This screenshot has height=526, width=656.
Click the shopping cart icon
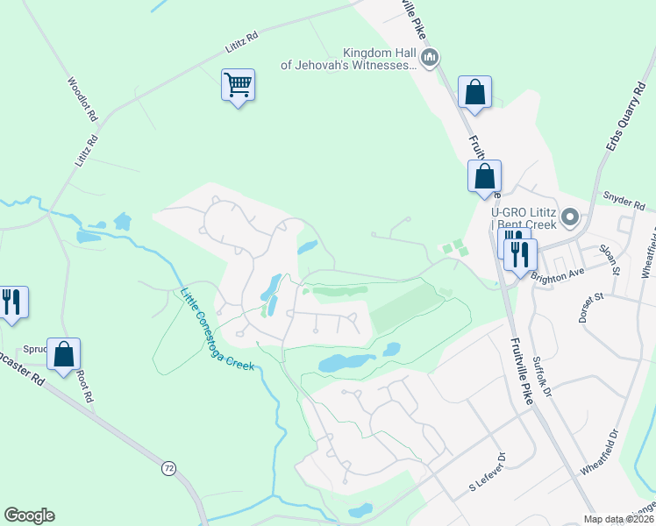point(238,86)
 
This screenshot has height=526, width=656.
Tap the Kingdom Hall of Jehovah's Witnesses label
point(347,59)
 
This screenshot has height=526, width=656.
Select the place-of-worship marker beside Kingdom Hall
point(429,59)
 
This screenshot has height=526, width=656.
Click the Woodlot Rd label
point(83,98)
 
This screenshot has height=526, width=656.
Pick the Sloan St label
point(609,259)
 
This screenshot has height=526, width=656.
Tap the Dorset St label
point(592,308)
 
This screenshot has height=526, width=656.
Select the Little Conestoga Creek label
point(217,329)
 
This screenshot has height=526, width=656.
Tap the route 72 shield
point(168,468)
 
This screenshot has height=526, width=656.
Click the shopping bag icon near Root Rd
point(63,354)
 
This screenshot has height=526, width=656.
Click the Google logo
point(29,515)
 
